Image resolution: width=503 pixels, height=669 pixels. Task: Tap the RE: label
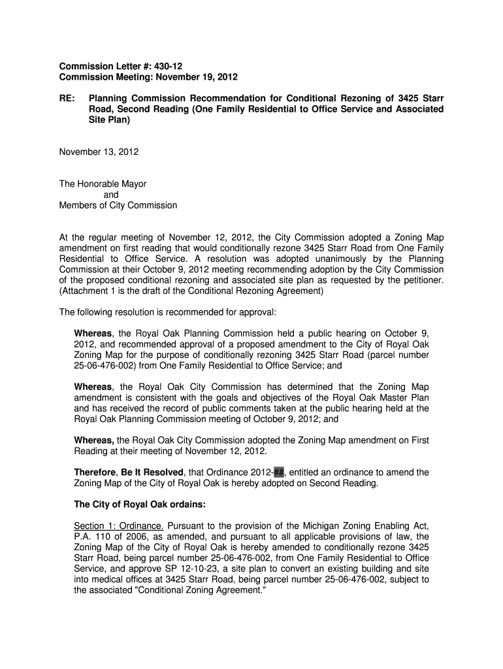tap(67, 98)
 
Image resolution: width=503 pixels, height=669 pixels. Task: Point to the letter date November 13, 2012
tap(99, 152)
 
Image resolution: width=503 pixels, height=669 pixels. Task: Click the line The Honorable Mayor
tap(103, 184)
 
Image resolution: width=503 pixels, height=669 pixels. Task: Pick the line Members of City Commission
tap(118, 205)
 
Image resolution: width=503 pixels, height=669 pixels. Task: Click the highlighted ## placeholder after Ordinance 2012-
tap(279, 472)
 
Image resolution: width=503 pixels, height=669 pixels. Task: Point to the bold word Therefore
tap(95, 472)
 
